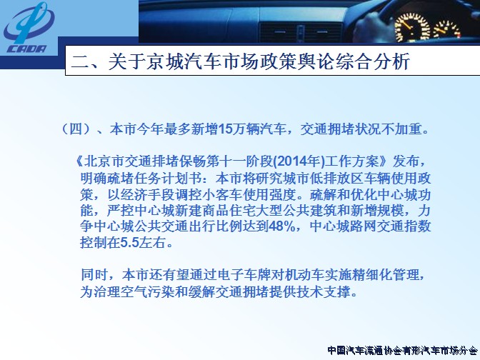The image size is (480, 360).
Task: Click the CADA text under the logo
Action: tap(26, 49)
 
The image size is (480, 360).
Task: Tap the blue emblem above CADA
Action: tap(29, 23)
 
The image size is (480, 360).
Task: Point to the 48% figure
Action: tap(281, 226)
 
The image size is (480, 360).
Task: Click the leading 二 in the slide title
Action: tap(80, 61)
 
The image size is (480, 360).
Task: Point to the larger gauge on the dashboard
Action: tap(412, 27)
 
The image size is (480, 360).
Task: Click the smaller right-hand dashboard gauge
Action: tap(447, 30)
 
